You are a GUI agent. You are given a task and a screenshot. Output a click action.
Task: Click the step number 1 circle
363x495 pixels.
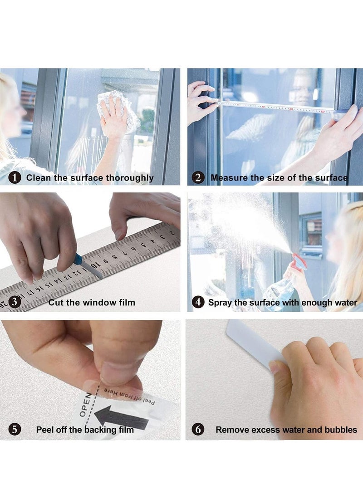tap(15, 178)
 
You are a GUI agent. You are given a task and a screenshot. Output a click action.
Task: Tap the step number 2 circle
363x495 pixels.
tap(198, 178)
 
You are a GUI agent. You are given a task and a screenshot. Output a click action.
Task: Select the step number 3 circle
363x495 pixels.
tap(15, 302)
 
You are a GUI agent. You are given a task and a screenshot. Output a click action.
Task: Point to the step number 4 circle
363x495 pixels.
tap(198, 302)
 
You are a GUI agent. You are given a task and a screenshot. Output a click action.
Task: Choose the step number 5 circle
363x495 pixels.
tap(15, 429)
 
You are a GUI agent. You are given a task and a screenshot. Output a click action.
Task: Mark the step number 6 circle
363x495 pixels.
tap(198, 429)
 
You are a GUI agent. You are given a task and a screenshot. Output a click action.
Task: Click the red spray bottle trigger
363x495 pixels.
tap(299, 263)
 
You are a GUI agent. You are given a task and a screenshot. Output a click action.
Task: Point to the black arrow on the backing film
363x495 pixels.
tap(121, 418)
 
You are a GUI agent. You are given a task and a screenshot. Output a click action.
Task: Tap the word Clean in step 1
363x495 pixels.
tap(39, 178)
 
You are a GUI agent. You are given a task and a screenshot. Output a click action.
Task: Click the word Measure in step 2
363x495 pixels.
tap(229, 178)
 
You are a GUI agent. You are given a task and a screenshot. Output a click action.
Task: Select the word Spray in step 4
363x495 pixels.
tap(220, 303)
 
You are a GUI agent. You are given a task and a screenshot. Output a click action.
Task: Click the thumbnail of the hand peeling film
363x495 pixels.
tap(90, 380)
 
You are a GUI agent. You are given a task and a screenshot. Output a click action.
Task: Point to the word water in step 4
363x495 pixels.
tap(345, 303)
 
